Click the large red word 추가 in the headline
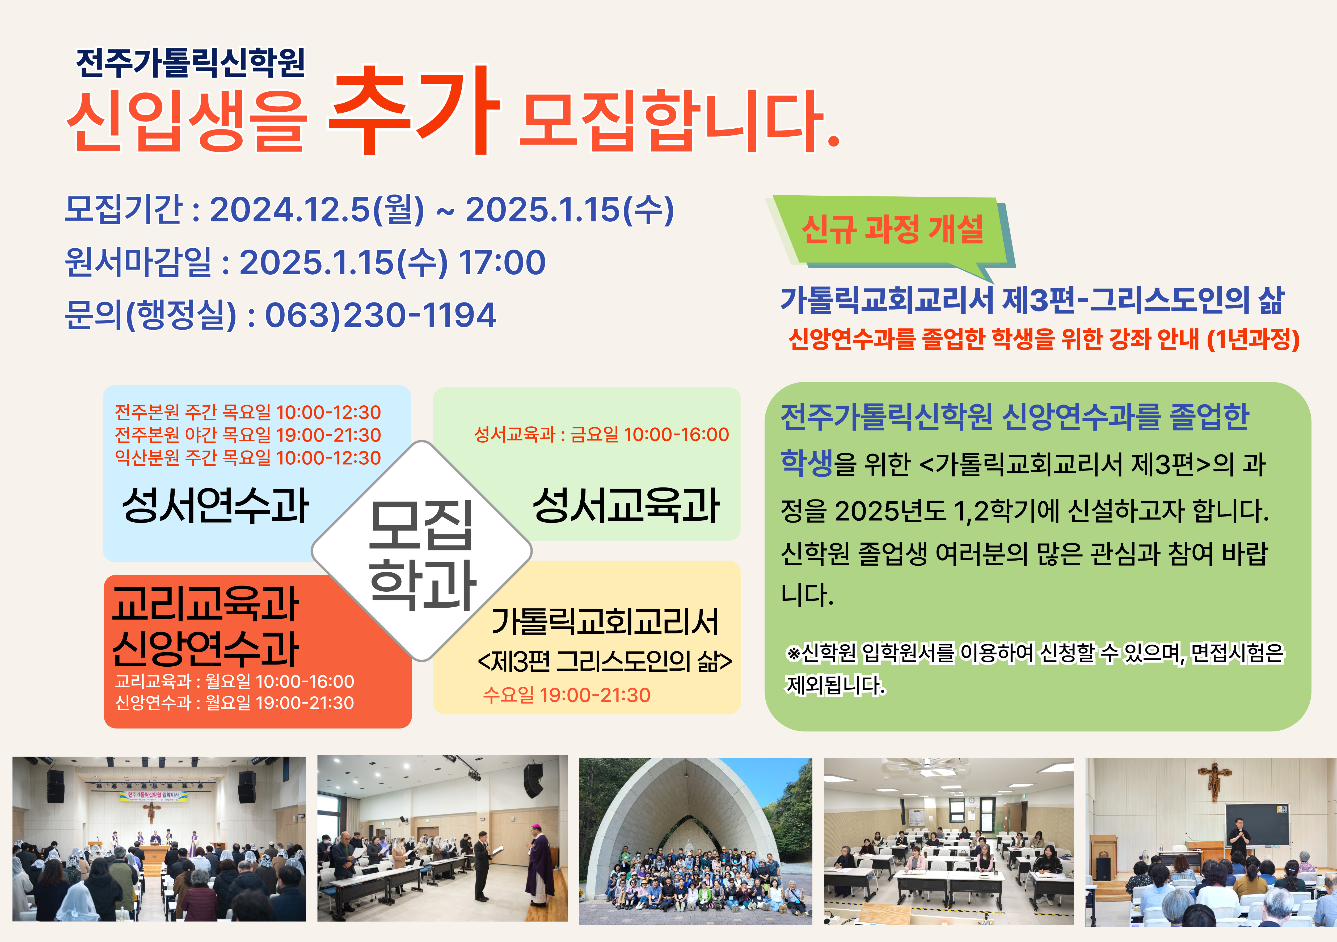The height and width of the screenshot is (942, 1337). [x=415, y=111]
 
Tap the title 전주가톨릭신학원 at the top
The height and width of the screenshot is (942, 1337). [x=191, y=63]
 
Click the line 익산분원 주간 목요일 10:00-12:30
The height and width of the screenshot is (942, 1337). [x=247, y=458]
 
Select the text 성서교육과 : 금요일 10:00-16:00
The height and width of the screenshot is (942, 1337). [x=602, y=435]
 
